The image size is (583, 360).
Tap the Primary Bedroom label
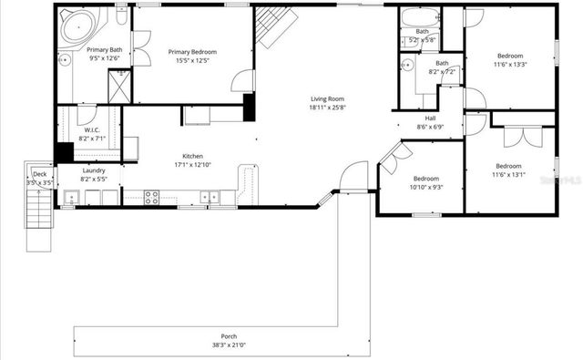pos(192,53)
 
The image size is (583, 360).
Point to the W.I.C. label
pos(92,129)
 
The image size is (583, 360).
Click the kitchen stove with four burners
pos(152,195)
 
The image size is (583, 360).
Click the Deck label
pos(39,173)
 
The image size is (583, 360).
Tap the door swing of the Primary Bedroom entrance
pos(240,82)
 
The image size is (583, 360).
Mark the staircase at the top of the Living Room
pos(271,26)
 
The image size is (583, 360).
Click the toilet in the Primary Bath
pos(121,19)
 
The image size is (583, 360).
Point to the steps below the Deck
pos(38,219)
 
